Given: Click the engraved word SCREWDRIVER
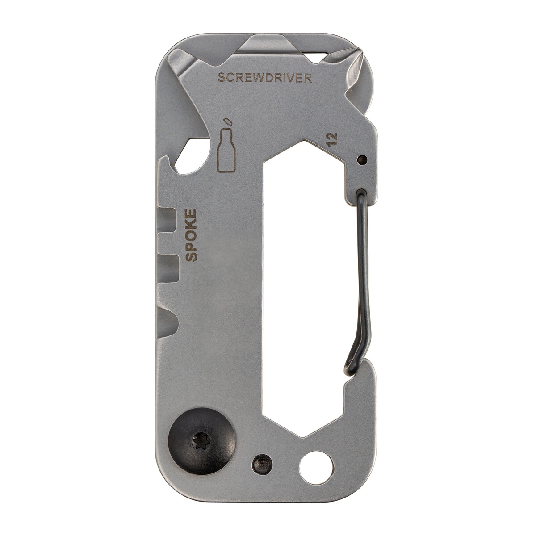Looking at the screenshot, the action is point(264,78).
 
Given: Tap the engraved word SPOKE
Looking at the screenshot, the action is point(191,235).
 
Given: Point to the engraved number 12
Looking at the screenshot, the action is point(332,139).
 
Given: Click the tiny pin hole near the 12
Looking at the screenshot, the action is point(362,159).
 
